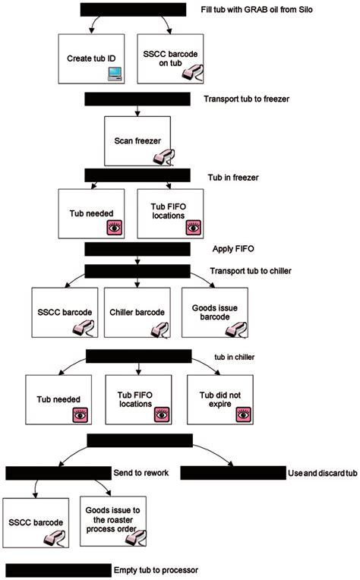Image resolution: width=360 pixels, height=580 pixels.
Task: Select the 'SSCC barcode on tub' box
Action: click(x=169, y=58)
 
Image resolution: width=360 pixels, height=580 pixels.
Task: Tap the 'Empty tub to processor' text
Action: click(x=158, y=568)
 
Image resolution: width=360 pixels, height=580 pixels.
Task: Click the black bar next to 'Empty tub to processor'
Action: click(x=58, y=569)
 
